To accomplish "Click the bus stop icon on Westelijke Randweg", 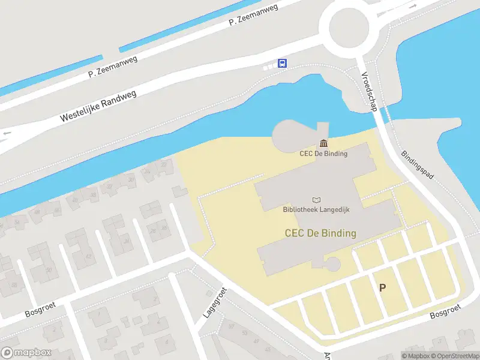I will (283, 63).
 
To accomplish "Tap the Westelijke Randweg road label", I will (98, 107).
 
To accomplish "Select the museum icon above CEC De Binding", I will (324, 143).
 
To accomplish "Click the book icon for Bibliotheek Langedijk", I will (316, 200).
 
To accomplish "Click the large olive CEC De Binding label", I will (320, 233).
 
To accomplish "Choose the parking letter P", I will (382, 287).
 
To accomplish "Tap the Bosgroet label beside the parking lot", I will (446, 311).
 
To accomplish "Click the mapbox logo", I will (26, 353).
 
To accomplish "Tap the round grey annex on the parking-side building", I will (332, 263).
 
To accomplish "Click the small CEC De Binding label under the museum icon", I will (323, 153).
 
